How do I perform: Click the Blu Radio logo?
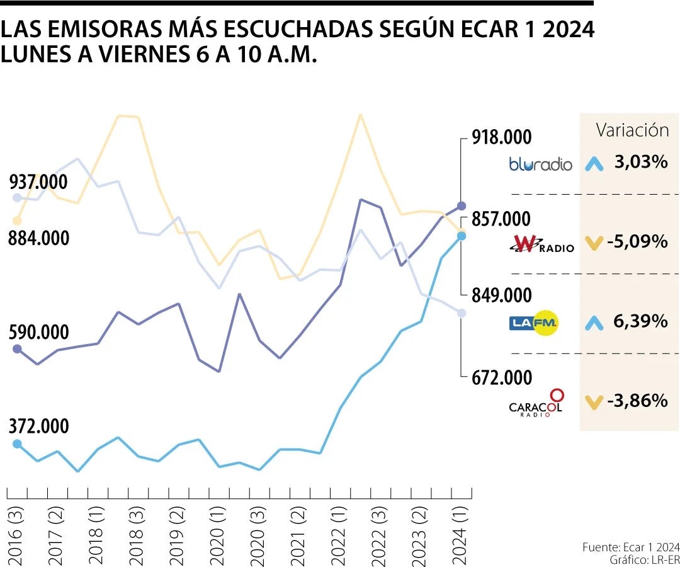click(540, 164)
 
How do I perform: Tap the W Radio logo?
click(542, 244)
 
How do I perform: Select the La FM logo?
click(534, 323)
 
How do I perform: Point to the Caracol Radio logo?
click(536, 403)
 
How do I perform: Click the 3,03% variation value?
click(640, 163)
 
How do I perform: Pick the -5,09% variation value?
click(637, 241)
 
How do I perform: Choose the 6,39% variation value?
click(640, 322)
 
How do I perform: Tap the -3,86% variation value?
click(637, 401)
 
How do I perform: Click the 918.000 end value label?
click(502, 137)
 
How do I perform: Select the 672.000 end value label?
click(502, 378)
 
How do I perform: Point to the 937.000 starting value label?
click(38, 183)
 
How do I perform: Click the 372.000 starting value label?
click(38, 427)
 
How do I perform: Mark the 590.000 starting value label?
click(38, 333)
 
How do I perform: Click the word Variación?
click(632, 130)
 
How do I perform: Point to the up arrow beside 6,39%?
click(593, 323)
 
